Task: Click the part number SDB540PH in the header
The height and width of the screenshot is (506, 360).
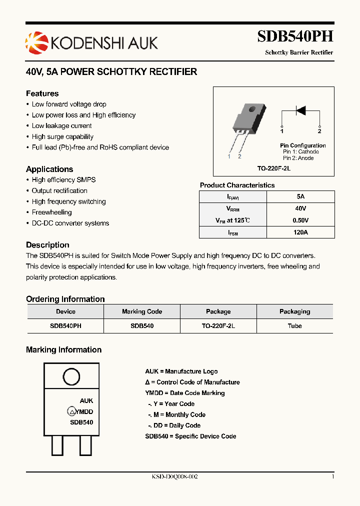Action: (295, 36)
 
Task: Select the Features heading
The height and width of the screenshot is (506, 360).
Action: (42, 93)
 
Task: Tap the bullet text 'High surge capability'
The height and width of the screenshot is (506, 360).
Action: (62, 136)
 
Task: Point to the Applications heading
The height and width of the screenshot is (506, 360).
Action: (49, 169)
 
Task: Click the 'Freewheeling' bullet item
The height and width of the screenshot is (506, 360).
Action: (51, 212)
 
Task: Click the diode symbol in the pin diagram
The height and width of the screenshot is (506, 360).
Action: (300, 110)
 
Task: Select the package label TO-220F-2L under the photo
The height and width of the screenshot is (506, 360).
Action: (274, 168)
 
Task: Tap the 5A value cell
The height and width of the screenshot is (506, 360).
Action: (300, 196)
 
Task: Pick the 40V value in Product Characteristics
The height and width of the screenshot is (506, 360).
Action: (300, 208)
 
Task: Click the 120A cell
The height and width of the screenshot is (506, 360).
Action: (300, 232)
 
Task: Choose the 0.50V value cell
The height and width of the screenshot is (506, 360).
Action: (300, 220)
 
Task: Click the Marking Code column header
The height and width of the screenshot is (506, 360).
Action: (142, 311)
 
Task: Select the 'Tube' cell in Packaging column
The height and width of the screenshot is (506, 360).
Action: (295, 325)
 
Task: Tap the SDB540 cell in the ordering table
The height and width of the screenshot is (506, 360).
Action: (142, 325)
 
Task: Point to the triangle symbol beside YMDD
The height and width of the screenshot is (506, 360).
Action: (72, 412)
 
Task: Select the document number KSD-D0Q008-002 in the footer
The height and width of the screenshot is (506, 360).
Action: (175, 477)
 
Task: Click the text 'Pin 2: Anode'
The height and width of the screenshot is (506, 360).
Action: (298, 158)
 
